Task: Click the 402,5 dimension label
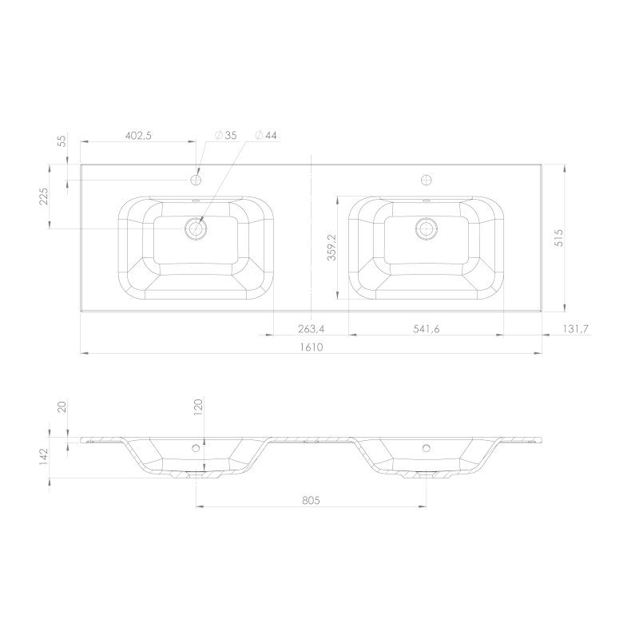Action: pyautogui.click(x=138, y=136)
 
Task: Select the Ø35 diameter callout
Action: pyautogui.click(x=226, y=135)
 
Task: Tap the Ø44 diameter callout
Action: pyautogui.click(x=266, y=135)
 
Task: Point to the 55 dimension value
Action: pyautogui.click(x=62, y=141)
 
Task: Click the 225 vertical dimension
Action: pyautogui.click(x=44, y=196)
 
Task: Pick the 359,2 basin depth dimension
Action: pyautogui.click(x=331, y=248)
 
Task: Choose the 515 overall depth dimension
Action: pyautogui.click(x=558, y=237)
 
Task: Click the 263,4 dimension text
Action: pyautogui.click(x=312, y=328)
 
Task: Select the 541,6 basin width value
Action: pyautogui.click(x=427, y=328)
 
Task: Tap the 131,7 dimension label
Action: pyautogui.click(x=576, y=328)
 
